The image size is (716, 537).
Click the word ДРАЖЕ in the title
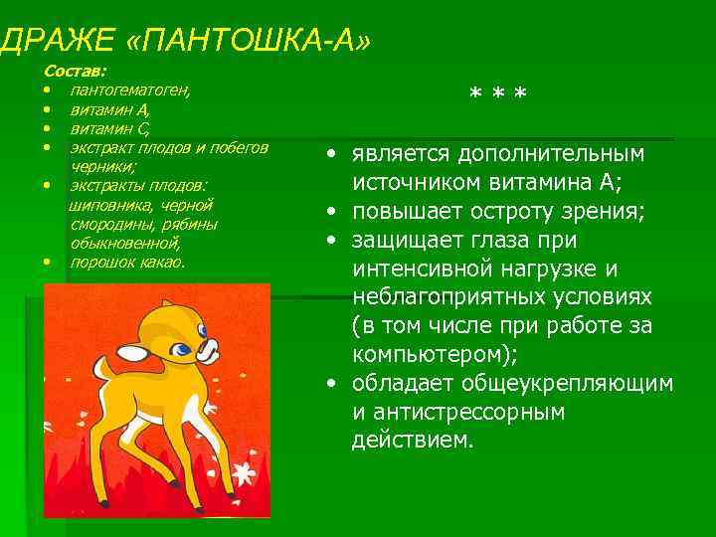tap(59, 42)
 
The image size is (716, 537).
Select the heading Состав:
tap(77, 72)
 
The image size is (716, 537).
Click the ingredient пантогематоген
tap(130, 90)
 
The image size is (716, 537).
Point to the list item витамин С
tap(109, 128)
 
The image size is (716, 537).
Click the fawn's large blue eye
tap(184, 348)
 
